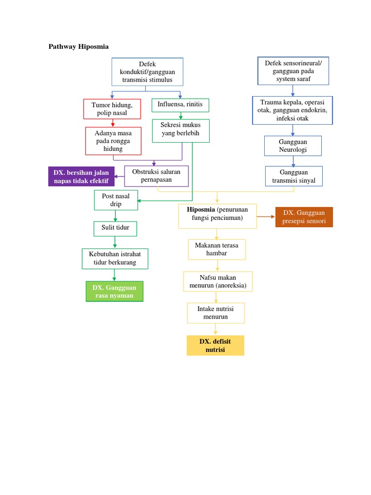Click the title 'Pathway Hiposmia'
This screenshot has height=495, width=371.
(79, 47)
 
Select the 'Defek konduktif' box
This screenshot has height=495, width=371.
(147, 72)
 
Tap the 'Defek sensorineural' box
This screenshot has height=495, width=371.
(293, 71)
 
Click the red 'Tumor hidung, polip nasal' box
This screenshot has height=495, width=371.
(112, 109)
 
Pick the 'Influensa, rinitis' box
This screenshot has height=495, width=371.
(180, 104)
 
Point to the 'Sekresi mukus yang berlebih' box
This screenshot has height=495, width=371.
(181, 131)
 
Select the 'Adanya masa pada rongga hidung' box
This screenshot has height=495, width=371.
(113, 141)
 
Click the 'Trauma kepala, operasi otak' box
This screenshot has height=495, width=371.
(292, 110)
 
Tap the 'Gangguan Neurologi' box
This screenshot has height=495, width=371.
(293, 146)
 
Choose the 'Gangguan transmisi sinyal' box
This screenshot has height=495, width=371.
(294, 176)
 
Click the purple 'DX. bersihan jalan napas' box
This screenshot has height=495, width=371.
(81, 176)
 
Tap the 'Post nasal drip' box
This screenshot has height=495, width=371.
(115, 200)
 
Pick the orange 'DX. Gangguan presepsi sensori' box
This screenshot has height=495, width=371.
(304, 217)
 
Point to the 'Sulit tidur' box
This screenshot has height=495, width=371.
(115, 228)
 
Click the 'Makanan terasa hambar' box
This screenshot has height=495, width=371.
(217, 249)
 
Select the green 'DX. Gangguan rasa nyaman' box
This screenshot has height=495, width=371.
(114, 291)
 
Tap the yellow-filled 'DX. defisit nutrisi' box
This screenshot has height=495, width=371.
(215, 345)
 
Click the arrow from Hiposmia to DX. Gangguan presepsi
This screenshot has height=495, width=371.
(266, 217)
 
